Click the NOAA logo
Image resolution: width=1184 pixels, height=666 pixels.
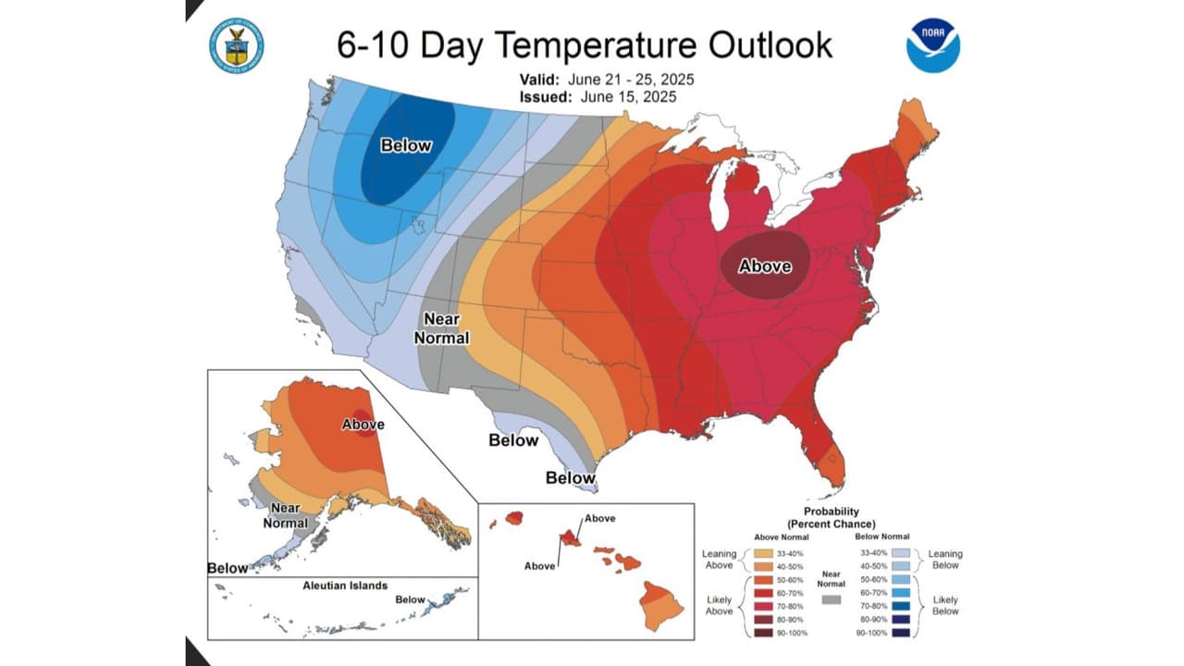coord(932,44)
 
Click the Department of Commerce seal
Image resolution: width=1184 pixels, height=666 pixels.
coord(237,45)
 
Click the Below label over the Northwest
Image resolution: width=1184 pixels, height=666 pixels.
coord(406,145)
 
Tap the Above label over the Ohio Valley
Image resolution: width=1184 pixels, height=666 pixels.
coord(765,266)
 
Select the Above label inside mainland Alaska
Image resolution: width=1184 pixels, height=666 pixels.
coord(363,425)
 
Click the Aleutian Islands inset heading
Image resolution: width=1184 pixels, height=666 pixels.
coord(345,586)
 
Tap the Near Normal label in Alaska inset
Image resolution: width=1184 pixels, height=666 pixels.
coord(285,515)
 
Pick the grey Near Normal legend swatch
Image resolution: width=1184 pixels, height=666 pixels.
coord(832,599)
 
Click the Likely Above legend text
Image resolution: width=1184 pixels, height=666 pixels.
coord(719,605)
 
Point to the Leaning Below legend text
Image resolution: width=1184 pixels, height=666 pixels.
coord(945,559)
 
